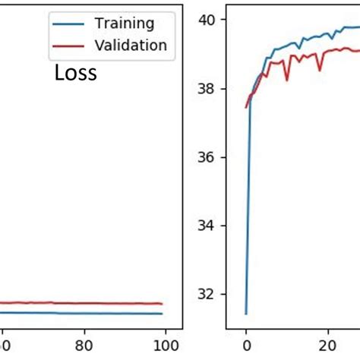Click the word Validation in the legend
click(131, 46)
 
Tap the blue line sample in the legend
click(71, 24)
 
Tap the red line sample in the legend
click(71, 46)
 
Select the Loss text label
click(75, 74)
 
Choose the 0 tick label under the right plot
click(246, 343)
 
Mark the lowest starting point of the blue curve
click(246, 313)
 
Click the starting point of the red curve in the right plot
click(246, 107)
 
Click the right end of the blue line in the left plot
click(163, 313)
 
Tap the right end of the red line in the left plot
click(163, 304)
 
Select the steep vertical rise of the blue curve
click(248, 205)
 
